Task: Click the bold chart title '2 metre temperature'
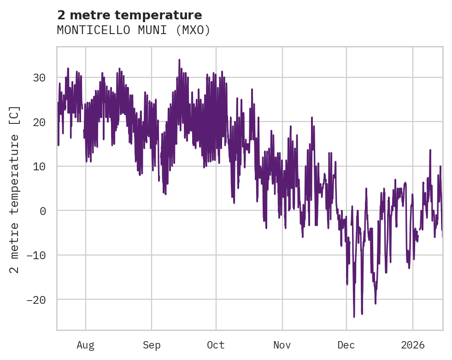coord(129,15)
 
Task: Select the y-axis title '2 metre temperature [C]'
coord(15,189)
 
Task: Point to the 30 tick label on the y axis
coord(39,77)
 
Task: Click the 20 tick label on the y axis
coord(39,122)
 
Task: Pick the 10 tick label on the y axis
coord(39,166)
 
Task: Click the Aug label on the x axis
coord(85,345)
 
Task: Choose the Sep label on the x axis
coord(152,345)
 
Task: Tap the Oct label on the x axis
coord(216,345)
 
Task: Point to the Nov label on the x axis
coord(282,345)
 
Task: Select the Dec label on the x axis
coord(346,345)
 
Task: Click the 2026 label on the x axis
coord(413,345)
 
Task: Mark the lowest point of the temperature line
coord(354,317)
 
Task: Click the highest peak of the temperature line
coord(179,59)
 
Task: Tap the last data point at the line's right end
coord(442,237)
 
